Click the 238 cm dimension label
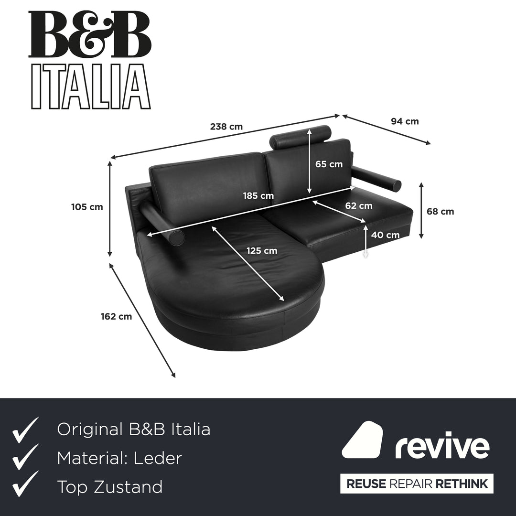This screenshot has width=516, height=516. pos(226,127)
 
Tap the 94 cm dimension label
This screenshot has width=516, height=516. pos(405,121)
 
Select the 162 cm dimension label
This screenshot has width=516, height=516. pos(116,316)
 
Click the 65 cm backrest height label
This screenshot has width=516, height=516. pos(329,164)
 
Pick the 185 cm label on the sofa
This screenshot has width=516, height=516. pos(258,196)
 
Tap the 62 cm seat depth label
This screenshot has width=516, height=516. pos(358,206)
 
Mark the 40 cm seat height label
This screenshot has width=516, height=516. pos(385,235)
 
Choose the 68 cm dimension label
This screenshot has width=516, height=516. pos(440,211)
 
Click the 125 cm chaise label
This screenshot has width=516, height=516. pos(261,250)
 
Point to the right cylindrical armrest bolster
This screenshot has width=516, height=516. pos(379,178)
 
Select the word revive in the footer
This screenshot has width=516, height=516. pos(442,447)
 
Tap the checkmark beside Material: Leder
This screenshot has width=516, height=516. pos(25,458)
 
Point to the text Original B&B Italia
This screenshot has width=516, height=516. pos(133,429)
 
